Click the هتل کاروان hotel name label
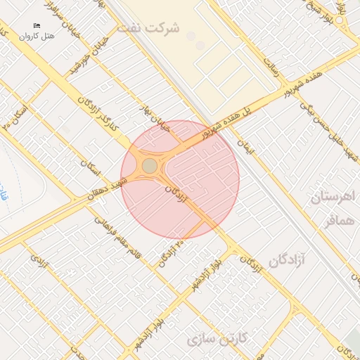(x=37, y=35)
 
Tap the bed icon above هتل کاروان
(x=37, y=25)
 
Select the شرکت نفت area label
(x=148, y=28)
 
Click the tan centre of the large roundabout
(x=150, y=166)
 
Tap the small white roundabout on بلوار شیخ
(x=340, y=20)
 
